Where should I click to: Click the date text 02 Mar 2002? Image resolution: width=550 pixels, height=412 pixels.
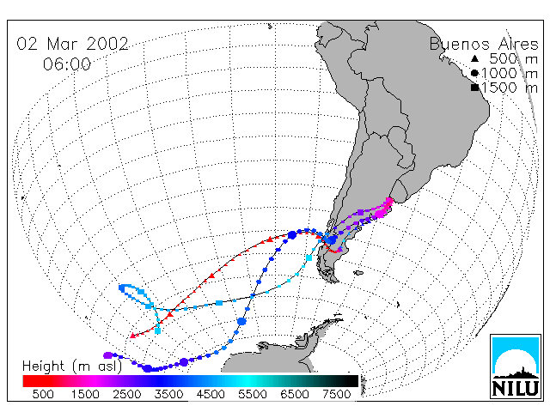coord(72,44)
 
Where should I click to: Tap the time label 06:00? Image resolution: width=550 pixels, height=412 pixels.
coord(67,64)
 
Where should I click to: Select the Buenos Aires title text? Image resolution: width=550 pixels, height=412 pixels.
coord(484,44)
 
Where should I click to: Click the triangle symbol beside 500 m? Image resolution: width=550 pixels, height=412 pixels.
coord(474,58)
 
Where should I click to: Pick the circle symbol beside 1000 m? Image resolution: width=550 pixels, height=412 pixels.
coord(474,73)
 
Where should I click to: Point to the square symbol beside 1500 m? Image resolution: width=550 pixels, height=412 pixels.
coord(475,88)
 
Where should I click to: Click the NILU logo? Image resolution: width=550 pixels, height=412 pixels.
coord(516,367)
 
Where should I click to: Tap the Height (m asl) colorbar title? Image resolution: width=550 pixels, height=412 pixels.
coord(72,367)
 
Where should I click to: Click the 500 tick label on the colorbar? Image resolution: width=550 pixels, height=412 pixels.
coord(43,394)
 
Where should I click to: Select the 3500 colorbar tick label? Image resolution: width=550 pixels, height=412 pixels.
coord(168,394)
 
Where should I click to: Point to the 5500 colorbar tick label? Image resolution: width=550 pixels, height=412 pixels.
coord(253,394)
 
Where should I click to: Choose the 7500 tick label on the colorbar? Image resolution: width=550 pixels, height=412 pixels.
coord(336,394)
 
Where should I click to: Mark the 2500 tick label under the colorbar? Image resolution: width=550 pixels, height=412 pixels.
coord(127,394)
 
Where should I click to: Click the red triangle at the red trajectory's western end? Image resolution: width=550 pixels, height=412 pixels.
coord(132,336)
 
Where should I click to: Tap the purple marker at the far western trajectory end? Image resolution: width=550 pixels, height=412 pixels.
coord(107,355)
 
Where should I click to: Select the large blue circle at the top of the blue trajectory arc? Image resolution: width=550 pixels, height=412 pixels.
coord(292,235)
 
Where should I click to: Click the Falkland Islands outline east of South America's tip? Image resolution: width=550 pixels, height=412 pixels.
coord(358,273)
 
